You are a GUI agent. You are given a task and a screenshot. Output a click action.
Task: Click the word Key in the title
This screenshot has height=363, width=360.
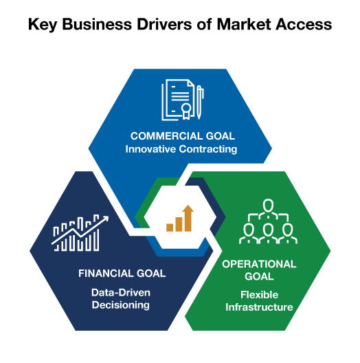pyautogui.click(x=43, y=25)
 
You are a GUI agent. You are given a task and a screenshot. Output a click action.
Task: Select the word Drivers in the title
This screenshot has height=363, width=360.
pyautogui.click(x=164, y=24)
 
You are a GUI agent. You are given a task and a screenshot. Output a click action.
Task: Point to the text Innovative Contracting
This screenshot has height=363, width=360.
pyautogui.click(x=181, y=149)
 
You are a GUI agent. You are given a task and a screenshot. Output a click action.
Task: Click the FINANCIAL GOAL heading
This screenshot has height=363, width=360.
pyautogui.click(x=122, y=274)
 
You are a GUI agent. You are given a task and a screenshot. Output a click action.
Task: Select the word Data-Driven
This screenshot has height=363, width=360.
pyautogui.click(x=121, y=293)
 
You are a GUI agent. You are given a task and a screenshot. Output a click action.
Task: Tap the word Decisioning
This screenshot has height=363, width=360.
pyautogui.click(x=120, y=305)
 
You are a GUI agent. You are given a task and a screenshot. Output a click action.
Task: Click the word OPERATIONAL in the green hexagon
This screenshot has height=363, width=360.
pyautogui.click(x=259, y=264)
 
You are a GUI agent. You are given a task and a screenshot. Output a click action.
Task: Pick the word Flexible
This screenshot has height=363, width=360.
pyautogui.click(x=260, y=295)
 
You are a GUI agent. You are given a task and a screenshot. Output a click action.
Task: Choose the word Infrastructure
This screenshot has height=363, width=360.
pyautogui.click(x=259, y=307)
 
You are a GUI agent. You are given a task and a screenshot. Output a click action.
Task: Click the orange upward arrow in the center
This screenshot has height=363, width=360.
pyautogui.click(x=188, y=218)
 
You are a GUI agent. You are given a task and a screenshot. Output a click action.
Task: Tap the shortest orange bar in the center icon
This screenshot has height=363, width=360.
pyautogui.click(x=170, y=228)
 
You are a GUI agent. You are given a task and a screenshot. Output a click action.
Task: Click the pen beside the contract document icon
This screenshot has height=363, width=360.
pyautogui.click(x=199, y=102)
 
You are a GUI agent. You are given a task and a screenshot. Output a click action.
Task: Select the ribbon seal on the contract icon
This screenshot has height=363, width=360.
pyautogui.click(x=186, y=111)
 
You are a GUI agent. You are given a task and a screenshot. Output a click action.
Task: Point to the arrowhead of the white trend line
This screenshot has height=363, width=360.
pyautogui.click(x=106, y=219)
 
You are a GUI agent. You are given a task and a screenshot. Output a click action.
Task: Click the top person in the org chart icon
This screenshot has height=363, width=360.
pyautogui.click(x=268, y=208)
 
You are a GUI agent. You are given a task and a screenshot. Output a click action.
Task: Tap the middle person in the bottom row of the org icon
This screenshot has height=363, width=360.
pyautogui.click(x=268, y=233)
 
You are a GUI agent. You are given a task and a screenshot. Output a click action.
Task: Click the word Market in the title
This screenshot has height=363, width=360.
pyautogui.click(x=244, y=24)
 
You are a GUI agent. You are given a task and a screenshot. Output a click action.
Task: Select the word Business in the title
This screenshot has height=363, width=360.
pyautogui.click(x=97, y=24)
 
